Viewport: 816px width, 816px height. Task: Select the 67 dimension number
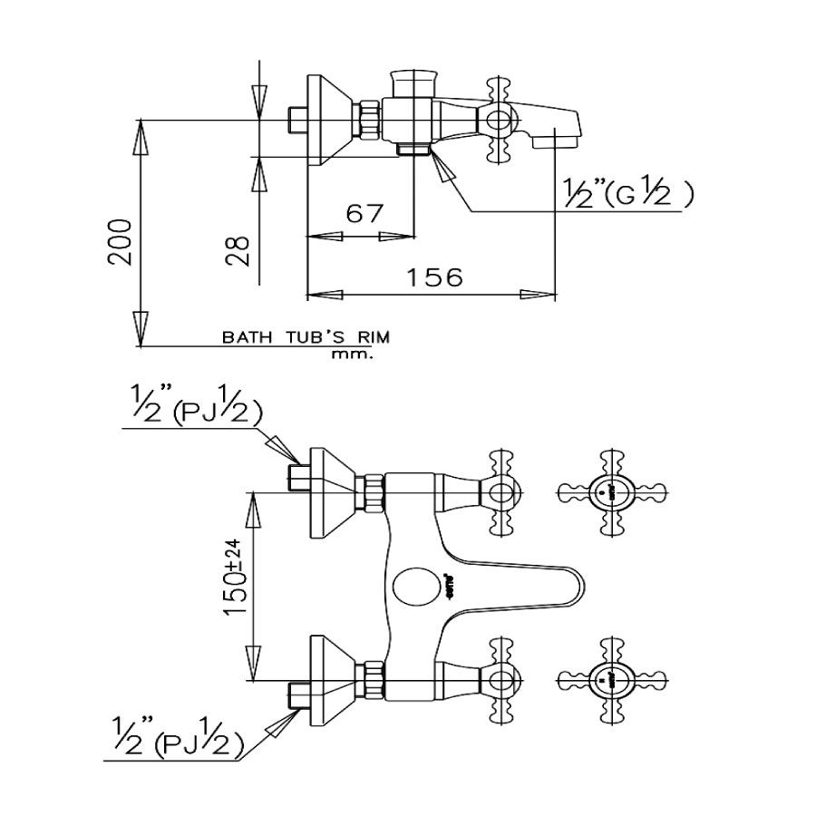pyautogui.click(x=364, y=214)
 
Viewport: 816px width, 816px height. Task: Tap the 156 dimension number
pyautogui.click(x=433, y=276)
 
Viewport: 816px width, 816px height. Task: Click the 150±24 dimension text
pyautogui.click(x=233, y=578)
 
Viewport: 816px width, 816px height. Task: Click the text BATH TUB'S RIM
pyautogui.click(x=306, y=337)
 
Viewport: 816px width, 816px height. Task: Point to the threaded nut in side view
pyautogui.click(x=369, y=119)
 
